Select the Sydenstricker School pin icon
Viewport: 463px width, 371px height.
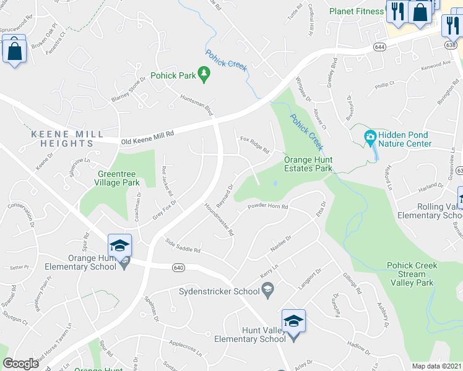pos(268,288)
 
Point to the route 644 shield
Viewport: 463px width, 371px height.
pos(379,47)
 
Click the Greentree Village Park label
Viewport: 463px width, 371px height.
pos(118,179)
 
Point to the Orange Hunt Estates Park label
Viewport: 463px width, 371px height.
pos(308,164)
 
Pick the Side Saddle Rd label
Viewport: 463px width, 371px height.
pos(183,246)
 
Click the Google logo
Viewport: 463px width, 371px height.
pos(21,364)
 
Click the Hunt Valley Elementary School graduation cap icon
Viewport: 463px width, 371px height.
pos(294,321)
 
